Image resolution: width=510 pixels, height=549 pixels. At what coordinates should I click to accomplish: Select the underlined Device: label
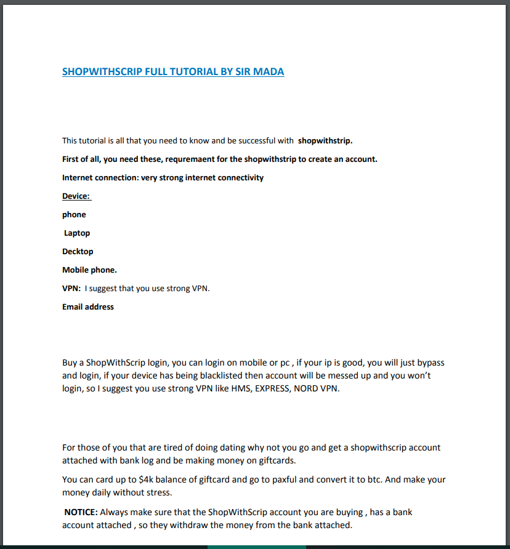[76, 196]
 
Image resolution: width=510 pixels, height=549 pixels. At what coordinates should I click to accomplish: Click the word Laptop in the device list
[77, 233]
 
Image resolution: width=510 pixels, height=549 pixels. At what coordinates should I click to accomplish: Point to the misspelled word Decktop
[78, 252]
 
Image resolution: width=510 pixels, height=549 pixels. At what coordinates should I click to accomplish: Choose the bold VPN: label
[71, 288]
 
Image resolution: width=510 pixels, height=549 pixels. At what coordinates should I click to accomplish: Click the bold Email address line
[88, 307]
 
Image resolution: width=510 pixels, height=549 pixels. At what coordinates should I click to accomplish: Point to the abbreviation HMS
[235, 388]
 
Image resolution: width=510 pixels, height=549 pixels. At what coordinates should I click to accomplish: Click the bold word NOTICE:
[81, 511]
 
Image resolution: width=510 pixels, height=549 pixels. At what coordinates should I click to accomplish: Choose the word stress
[160, 493]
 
